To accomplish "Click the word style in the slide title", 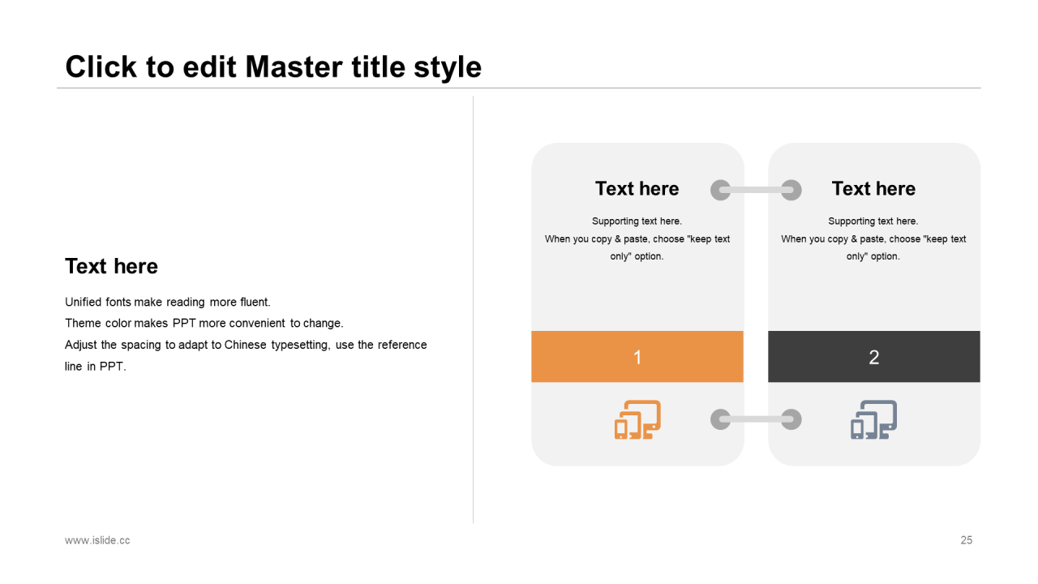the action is pos(448,67).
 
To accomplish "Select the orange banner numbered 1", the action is pos(637,356).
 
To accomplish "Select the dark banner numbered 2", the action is pos(874,356).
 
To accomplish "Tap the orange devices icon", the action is pos(637,419).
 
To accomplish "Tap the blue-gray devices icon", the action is pos(873,419).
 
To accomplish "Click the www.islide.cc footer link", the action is pos(97,540).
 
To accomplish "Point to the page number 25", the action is pos(966,540).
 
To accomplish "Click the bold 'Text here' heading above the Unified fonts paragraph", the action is pos(111,267).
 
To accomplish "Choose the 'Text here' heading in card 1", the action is pos(637,189).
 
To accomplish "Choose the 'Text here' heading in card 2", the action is pos(873,189).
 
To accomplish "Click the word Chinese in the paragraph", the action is pos(245,345).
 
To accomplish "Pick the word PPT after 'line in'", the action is pos(113,367).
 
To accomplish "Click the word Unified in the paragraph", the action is pos(83,303).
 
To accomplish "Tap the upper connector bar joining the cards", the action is pos(756,190).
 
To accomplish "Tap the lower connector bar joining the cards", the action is pos(756,419).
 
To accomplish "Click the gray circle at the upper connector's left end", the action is pos(721,190).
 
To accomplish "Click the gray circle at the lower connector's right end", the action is pos(791,419).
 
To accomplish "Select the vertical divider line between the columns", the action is pos(473,310).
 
